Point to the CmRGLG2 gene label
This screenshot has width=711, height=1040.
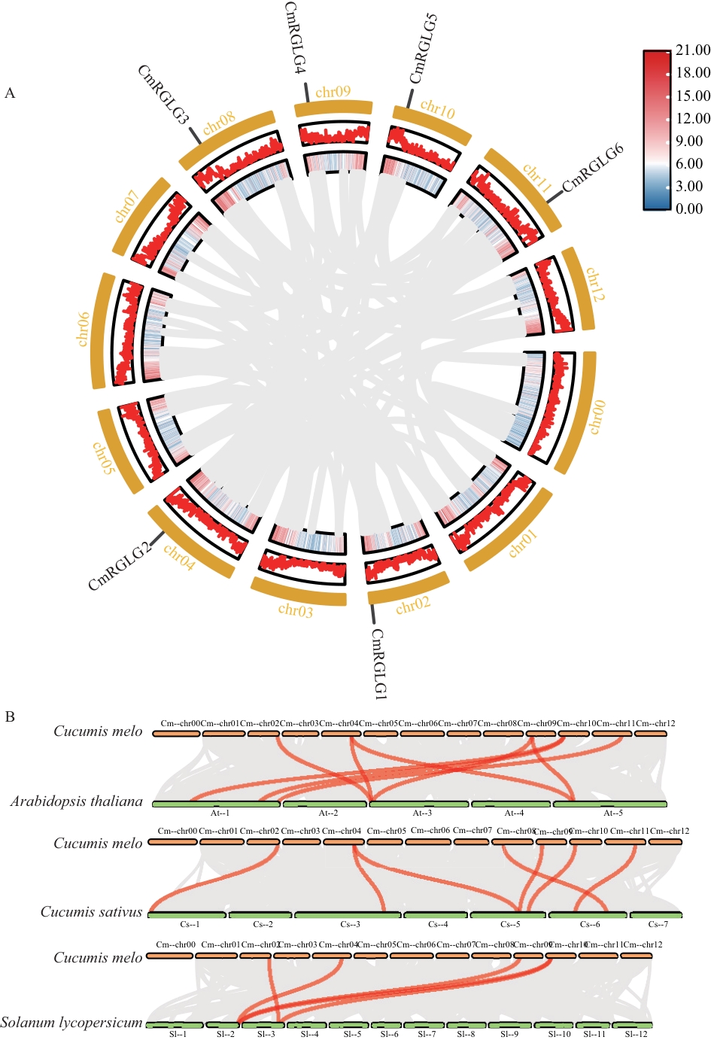point(120,566)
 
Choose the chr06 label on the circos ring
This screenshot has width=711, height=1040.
point(83,329)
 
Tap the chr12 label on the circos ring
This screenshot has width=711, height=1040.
point(594,284)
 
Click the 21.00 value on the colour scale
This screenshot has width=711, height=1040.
point(692,50)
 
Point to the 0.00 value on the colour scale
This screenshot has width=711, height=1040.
point(689,208)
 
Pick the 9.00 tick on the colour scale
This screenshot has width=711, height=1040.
point(689,141)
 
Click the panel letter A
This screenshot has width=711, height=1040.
point(10,93)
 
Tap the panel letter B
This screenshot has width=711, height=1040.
point(10,716)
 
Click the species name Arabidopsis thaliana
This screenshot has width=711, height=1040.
point(76,801)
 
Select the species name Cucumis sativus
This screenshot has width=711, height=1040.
point(91,912)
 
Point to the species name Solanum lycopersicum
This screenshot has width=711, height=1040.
point(71,1023)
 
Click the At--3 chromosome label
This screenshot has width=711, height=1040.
point(422,813)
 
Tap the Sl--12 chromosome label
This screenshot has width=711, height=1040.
point(636,1034)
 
